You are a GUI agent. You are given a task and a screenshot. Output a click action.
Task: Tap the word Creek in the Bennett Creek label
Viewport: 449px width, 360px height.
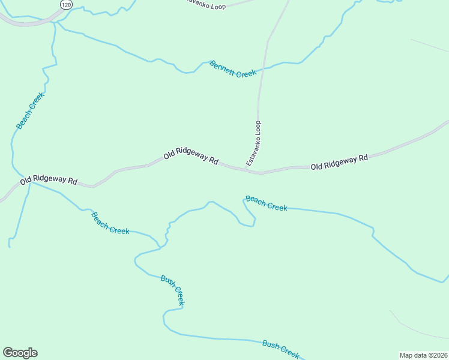point(245,73)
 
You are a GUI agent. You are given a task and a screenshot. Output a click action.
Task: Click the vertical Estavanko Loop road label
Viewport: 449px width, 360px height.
point(254,143)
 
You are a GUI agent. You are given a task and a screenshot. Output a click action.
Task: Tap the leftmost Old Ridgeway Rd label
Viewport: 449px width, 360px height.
point(49,180)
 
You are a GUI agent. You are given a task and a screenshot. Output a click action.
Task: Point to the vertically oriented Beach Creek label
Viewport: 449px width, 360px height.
point(30,110)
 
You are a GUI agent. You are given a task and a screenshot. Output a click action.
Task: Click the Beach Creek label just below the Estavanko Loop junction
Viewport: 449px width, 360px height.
point(267,203)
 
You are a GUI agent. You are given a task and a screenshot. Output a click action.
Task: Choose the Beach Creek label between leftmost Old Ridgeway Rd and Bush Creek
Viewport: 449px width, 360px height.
point(110,223)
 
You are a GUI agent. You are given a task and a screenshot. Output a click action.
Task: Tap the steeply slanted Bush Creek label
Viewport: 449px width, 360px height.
point(172,290)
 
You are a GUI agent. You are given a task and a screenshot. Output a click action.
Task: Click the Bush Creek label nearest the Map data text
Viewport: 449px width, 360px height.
point(280,349)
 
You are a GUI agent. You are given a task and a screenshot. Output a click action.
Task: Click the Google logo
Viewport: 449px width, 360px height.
point(20,353)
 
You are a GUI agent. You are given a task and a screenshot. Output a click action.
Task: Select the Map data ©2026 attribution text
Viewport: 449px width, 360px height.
point(423,355)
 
